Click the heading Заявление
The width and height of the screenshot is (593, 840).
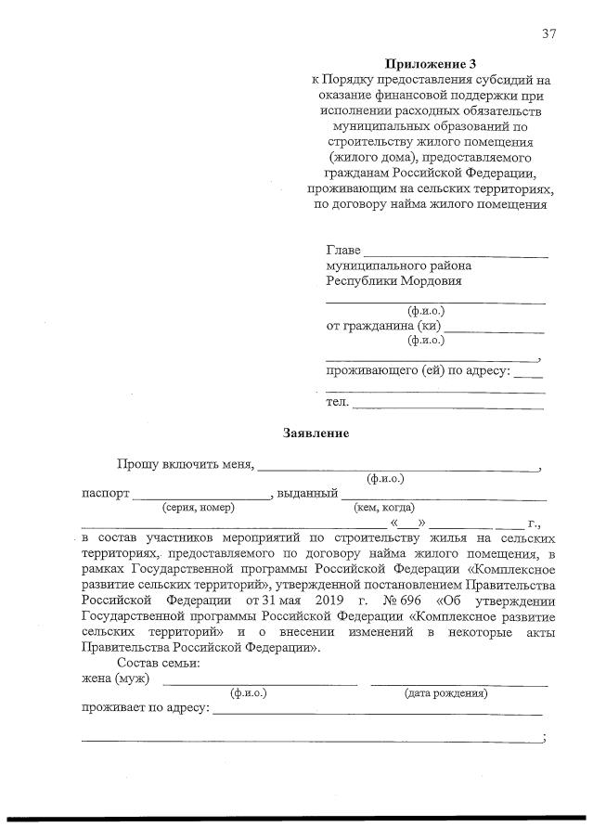pyautogui.click(x=316, y=433)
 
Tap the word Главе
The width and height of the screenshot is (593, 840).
pyautogui.click(x=342, y=252)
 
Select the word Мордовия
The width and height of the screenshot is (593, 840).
pyautogui.click(x=428, y=281)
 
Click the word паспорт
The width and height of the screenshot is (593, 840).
pyautogui.click(x=105, y=493)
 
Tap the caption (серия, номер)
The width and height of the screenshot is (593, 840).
pyautogui.click(x=198, y=508)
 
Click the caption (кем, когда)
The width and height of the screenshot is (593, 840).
pyautogui.click(x=384, y=508)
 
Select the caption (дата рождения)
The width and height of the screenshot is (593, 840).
pyautogui.click(x=446, y=693)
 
